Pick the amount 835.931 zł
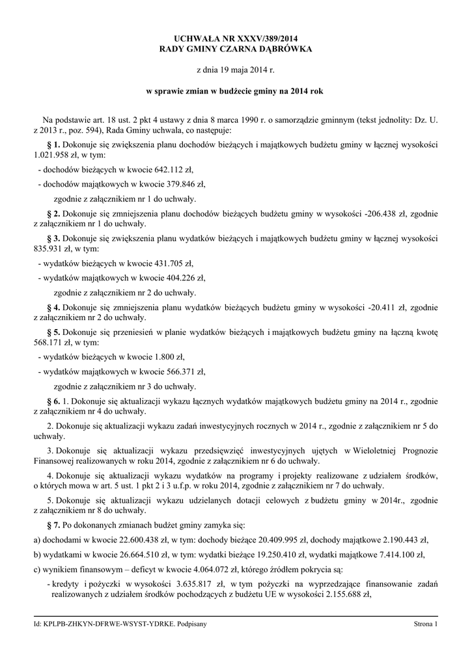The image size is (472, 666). [x=54, y=249]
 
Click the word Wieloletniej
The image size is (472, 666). [x=366, y=451]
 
